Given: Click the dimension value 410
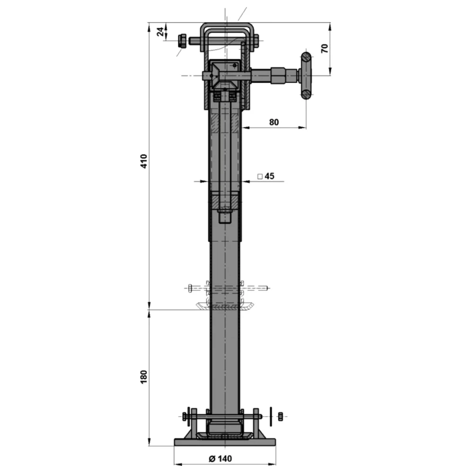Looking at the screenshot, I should [x=144, y=161].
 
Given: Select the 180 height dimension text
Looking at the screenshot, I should [x=144, y=377].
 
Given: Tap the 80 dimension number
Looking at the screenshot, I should [x=274, y=122].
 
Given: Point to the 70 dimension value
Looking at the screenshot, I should [x=324, y=48].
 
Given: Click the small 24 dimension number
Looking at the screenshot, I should [x=161, y=32].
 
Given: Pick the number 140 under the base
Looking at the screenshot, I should [x=224, y=458].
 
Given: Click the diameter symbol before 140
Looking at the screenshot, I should [x=211, y=458].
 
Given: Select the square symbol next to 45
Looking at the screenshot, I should [x=260, y=176].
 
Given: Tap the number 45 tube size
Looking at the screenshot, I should [x=269, y=176].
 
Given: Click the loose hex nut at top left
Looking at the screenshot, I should [x=182, y=41].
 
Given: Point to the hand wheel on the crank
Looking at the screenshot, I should [x=306, y=76].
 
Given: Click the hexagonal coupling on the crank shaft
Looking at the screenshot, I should [x=279, y=75].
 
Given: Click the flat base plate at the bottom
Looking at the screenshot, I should [x=225, y=442].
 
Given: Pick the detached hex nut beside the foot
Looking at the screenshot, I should [x=280, y=416].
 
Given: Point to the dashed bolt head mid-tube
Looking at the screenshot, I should [x=190, y=287].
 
